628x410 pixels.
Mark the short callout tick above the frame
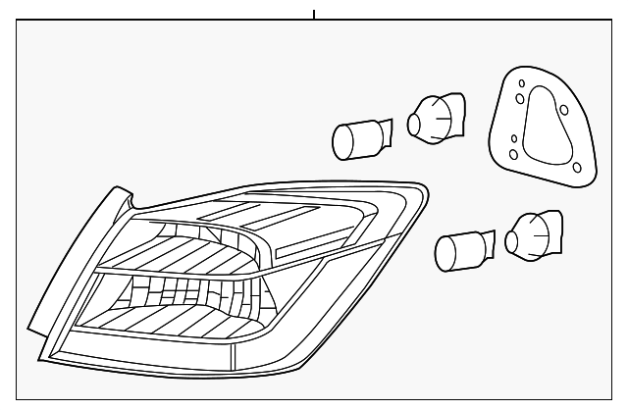[314, 14]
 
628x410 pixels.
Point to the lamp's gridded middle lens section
[186, 290]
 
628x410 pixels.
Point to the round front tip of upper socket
[413, 122]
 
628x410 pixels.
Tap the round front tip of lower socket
[513, 238]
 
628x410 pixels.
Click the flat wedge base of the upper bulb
[383, 131]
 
